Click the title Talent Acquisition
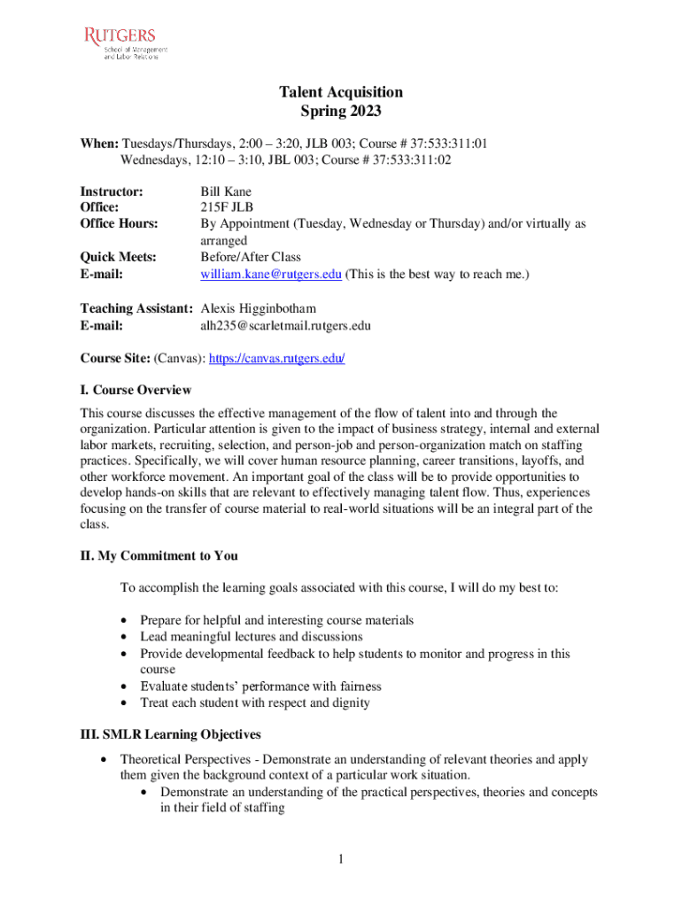[x=341, y=92]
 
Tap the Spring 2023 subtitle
[x=341, y=112]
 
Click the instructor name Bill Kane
[x=226, y=190]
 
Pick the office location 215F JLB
[x=227, y=207]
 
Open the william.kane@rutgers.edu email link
[x=271, y=275]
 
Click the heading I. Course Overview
[x=136, y=390]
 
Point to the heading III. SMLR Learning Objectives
[x=170, y=734]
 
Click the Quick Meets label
[x=119, y=257]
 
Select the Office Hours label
[x=120, y=224]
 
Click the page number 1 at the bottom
[x=341, y=858]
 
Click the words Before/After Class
[x=251, y=257]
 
